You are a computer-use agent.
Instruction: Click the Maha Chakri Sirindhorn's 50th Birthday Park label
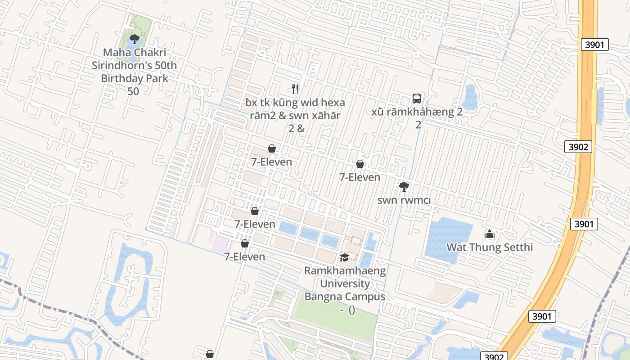[134, 66]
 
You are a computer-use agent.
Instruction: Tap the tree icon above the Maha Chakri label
[134, 39]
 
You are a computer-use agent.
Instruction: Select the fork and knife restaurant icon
[295, 89]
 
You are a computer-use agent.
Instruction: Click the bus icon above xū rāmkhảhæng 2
[417, 98]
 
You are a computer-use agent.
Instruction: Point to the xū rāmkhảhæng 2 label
[417, 112]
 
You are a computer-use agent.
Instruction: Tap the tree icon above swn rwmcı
[404, 186]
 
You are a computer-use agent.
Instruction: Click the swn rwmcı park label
[404, 200]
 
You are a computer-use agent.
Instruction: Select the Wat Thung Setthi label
[490, 247]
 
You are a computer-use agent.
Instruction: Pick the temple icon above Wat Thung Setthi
[490, 234]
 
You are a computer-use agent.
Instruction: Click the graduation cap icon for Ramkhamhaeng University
[344, 257]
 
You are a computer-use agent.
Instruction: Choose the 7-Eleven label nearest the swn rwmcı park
[360, 177]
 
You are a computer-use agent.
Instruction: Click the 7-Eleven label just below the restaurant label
[271, 162]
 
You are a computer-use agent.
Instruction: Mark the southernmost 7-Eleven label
[245, 256]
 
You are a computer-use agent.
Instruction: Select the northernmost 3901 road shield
[594, 45]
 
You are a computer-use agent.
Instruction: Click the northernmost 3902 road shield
[578, 147]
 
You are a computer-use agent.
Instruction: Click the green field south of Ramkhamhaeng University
[335, 317]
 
